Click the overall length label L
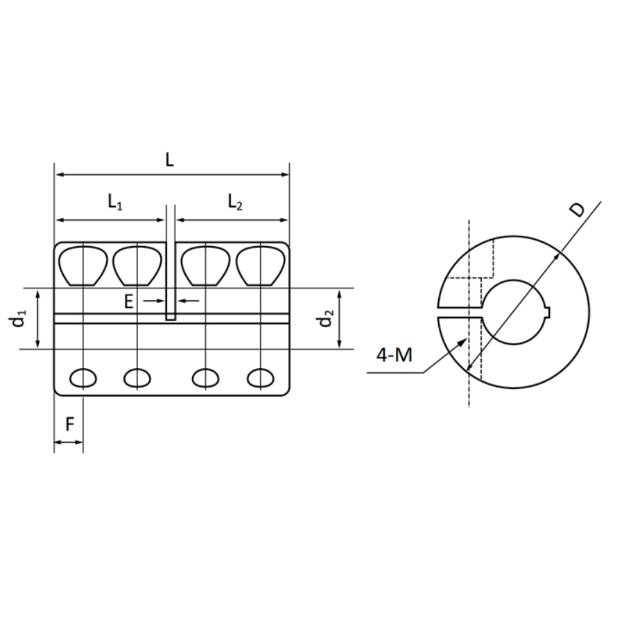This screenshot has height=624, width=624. pyautogui.click(x=170, y=159)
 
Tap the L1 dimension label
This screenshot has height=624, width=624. pyautogui.click(x=115, y=202)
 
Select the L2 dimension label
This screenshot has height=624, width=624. pyautogui.click(x=235, y=202)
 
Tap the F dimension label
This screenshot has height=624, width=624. pyautogui.click(x=69, y=425)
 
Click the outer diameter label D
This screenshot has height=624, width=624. pyautogui.click(x=577, y=209)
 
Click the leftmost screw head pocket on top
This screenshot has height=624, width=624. pyautogui.click(x=83, y=266)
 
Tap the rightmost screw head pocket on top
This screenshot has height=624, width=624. pyautogui.click(x=261, y=266)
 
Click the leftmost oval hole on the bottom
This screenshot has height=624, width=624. pyautogui.click(x=83, y=378)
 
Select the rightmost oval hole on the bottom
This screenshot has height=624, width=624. pyautogui.click(x=261, y=378)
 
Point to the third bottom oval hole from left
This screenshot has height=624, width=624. pyautogui.click(x=205, y=378)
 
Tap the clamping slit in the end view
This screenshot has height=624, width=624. pyautogui.click(x=458, y=311)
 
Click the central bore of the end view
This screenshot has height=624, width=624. pyautogui.click(x=514, y=312)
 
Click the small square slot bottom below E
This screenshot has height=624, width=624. pyautogui.click(x=171, y=317)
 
